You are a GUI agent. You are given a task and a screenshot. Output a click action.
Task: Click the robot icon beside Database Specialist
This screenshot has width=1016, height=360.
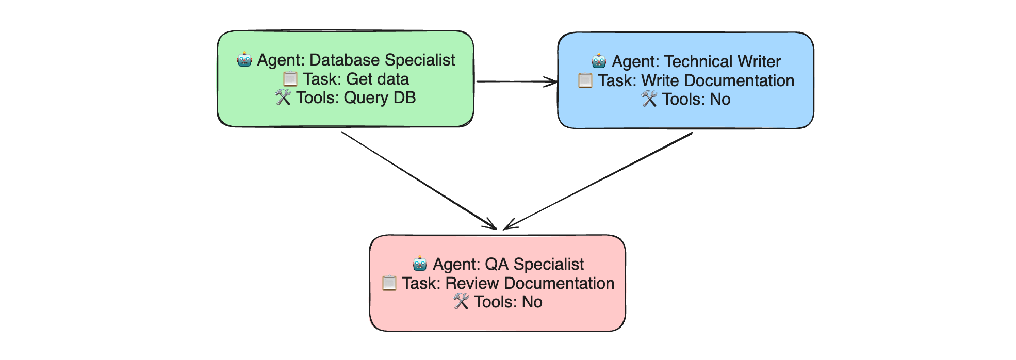point(244,60)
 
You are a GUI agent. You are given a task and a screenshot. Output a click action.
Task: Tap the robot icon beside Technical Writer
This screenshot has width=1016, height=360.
point(599,61)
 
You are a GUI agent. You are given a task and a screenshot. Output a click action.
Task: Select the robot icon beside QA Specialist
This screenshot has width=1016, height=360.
point(420,264)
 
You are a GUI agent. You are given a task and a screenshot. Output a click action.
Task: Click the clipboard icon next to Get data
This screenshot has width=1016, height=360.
point(290,79)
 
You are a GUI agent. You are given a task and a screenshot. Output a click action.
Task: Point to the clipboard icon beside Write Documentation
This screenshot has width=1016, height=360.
point(585,80)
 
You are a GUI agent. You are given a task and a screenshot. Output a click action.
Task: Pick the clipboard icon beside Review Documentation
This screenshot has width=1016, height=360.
point(389,283)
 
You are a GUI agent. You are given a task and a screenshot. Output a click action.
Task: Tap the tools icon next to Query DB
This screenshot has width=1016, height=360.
point(283,97)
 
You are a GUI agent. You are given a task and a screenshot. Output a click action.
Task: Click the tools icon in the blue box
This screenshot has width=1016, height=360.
point(649,99)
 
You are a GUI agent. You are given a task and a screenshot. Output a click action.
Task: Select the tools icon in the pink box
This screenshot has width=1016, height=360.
point(461,302)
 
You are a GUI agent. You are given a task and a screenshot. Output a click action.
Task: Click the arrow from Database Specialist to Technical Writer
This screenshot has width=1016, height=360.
point(517,81)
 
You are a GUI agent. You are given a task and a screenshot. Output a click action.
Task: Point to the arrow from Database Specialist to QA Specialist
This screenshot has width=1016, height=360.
point(419,181)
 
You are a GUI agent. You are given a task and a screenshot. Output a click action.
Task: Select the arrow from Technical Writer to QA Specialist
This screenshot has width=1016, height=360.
point(598,181)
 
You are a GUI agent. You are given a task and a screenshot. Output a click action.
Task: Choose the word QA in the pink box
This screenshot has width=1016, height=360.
point(497,264)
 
